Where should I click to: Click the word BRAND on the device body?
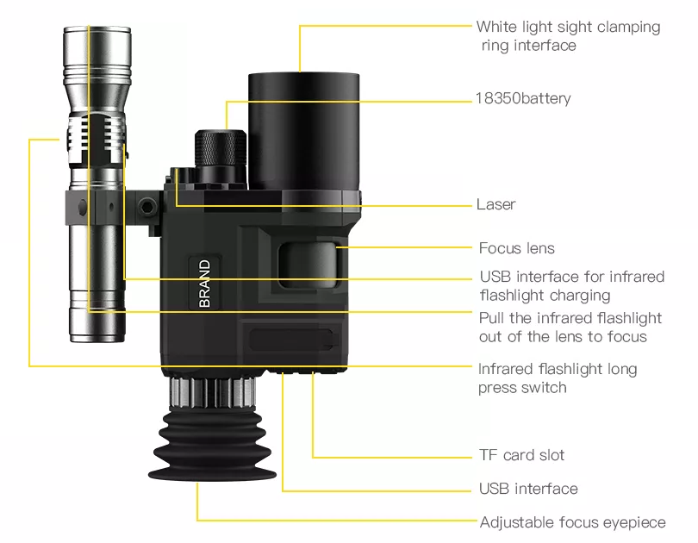coord(204,284)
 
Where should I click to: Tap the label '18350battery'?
coord(523,98)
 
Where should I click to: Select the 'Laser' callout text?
coord(495,204)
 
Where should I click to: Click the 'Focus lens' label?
coord(517,248)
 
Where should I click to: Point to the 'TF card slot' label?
coord(521,455)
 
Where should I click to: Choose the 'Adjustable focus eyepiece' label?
coord(572,522)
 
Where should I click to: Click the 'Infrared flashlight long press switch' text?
coord(558,378)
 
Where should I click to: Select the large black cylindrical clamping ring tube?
coord(304,131)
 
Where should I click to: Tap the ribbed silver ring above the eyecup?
coord(213,391)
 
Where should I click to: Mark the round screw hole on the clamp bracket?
coord(146,207)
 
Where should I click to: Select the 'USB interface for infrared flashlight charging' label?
coord(572,286)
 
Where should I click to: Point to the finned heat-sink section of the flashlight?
coord(97,134)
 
